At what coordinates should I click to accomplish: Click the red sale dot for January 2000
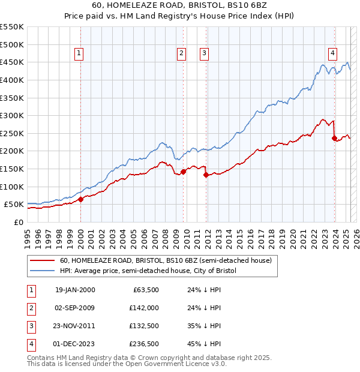80,200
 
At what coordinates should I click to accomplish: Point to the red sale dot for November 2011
206,175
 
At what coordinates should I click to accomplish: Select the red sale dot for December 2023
334,138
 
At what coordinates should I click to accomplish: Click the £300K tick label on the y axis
12,115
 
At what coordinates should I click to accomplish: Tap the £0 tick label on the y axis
18,222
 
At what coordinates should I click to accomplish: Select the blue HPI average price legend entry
148,271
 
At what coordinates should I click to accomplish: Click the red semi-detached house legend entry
166,260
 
